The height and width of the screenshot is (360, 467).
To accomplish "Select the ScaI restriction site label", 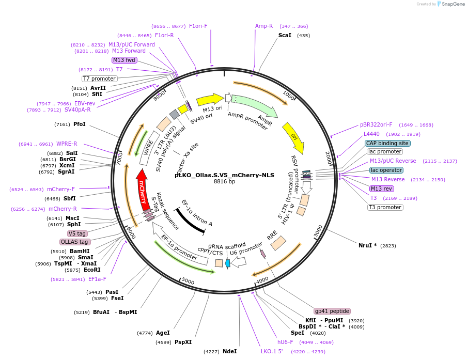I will point(285,35).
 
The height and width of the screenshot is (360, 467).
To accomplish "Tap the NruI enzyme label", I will point(367,245).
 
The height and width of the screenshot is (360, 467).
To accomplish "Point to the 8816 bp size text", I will point(224,181).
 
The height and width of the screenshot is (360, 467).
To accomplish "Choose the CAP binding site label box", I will point(387,143).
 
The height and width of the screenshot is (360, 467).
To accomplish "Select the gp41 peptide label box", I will point(332,311).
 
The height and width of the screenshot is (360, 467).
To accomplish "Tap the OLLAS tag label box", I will point(75,242).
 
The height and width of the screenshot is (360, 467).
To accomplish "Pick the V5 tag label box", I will point(77,233).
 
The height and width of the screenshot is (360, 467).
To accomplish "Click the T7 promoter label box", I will point(100,79).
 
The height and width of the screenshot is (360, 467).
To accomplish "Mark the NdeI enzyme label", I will point(229,351).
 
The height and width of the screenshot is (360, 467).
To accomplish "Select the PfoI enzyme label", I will point(80,124).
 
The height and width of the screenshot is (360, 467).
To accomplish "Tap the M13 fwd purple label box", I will point(124,60).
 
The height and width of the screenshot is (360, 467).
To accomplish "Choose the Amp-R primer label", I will point(264,26).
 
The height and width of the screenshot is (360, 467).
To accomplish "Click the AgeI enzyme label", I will point(163,333).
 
